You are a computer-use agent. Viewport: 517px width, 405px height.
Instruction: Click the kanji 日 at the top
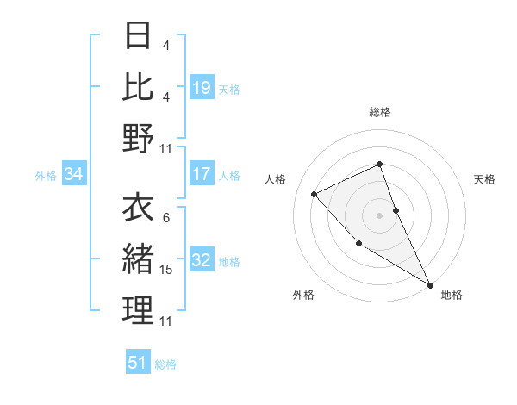[x=139, y=36]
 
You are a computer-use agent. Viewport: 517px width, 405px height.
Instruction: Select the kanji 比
[x=139, y=86]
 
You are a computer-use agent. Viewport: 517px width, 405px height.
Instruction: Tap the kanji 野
[x=139, y=137]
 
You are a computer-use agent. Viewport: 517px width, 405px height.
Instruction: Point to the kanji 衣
[x=139, y=207]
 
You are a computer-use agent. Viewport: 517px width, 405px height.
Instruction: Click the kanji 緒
[x=139, y=259]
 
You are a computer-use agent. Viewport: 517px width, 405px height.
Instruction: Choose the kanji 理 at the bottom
[x=139, y=309]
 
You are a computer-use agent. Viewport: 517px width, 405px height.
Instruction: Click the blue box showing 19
[x=202, y=87]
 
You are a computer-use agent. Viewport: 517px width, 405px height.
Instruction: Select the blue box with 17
[x=202, y=174]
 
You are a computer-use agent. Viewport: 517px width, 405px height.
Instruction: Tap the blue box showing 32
[x=202, y=260]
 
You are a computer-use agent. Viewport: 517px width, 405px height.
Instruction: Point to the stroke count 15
[x=166, y=270]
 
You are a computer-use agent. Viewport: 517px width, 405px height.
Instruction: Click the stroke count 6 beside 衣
[x=165, y=218]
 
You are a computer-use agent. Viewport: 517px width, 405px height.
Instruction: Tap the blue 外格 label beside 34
[x=46, y=176]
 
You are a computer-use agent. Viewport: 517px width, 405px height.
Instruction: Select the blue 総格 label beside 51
[x=165, y=364]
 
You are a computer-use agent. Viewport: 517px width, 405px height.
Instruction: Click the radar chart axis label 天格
[x=484, y=179]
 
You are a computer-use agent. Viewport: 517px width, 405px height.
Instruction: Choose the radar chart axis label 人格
[x=275, y=179]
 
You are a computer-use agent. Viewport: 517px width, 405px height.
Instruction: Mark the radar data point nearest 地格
[x=430, y=284]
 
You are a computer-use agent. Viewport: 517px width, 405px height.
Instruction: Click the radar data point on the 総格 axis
[x=379, y=164]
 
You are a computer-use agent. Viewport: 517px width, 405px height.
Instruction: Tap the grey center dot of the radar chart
[x=379, y=215]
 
